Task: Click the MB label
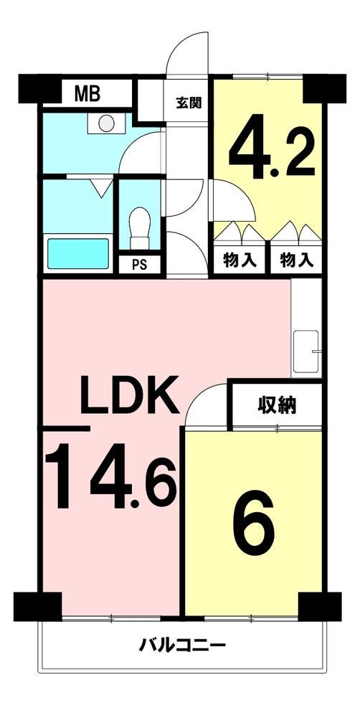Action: pos(87,94)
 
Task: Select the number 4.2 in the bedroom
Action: pos(272,148)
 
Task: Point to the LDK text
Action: pos(130,395)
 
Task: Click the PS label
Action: pos(139,265)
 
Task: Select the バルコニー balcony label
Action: pos(182,646)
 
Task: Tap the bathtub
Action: pos(78,253)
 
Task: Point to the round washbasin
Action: pos(106,123)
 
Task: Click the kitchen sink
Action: pos(305,352)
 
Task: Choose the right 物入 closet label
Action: pos(296,260)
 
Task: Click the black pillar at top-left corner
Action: pos(39,88)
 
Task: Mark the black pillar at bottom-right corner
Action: pos(320,606)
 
